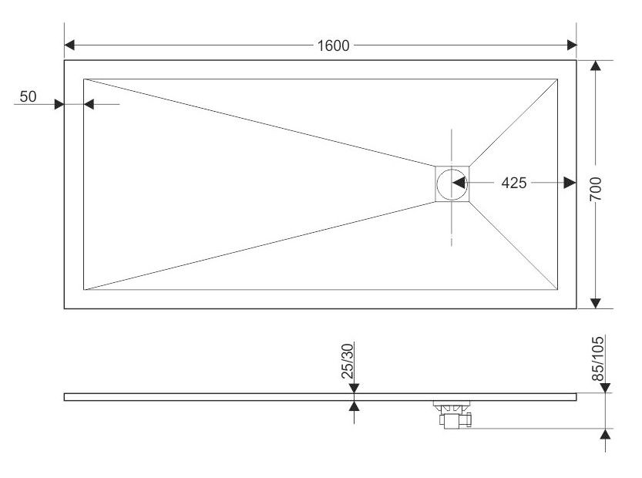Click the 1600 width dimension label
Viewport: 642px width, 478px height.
point(333,45)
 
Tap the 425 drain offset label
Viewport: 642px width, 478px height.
point(513,183)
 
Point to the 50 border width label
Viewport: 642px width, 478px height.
point(28,96)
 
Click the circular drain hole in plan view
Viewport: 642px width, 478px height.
point(448,183)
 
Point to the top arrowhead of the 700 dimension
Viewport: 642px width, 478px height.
point(595,66)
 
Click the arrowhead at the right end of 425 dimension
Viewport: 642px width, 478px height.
point(570,183)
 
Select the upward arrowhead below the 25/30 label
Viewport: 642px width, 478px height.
point(354,405)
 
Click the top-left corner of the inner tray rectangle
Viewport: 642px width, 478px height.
point(84,78)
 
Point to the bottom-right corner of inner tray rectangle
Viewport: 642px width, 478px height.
point(557,290)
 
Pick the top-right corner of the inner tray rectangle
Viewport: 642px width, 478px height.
point(557,78)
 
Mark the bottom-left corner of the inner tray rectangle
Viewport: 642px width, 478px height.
point(84,290)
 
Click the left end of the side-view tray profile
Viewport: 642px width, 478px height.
point(66,396)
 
